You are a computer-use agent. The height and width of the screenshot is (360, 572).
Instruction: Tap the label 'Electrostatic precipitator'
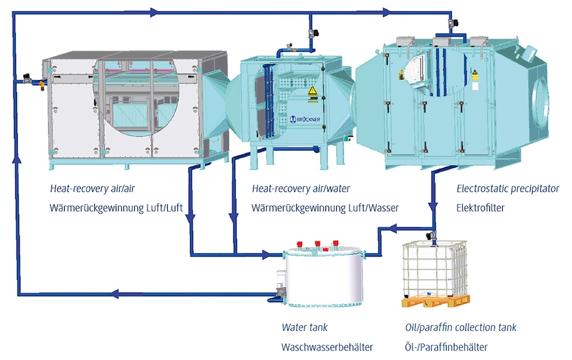tap(508, 189)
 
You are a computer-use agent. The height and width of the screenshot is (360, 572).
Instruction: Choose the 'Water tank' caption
tap(305, 328)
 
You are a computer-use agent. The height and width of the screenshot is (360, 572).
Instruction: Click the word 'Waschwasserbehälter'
tap(327, 347)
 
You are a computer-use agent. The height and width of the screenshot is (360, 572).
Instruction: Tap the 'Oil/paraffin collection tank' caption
tap(461, 328)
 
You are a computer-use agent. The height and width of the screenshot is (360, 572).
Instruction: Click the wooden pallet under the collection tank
tap(436, 301)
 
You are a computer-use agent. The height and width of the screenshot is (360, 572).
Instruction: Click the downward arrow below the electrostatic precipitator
tap(433, 209)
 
